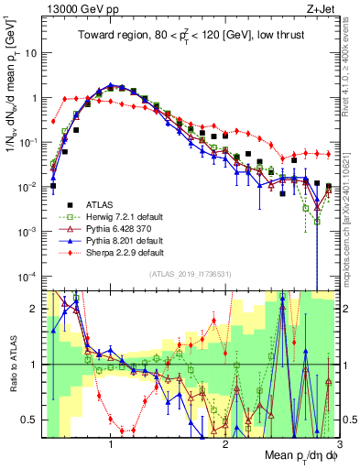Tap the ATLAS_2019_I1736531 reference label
point(190,275)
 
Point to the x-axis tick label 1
point(111,442)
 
